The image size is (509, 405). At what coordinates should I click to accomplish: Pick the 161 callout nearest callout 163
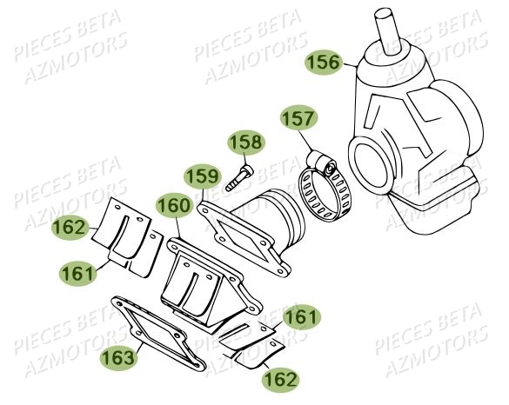coord(78,272)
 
